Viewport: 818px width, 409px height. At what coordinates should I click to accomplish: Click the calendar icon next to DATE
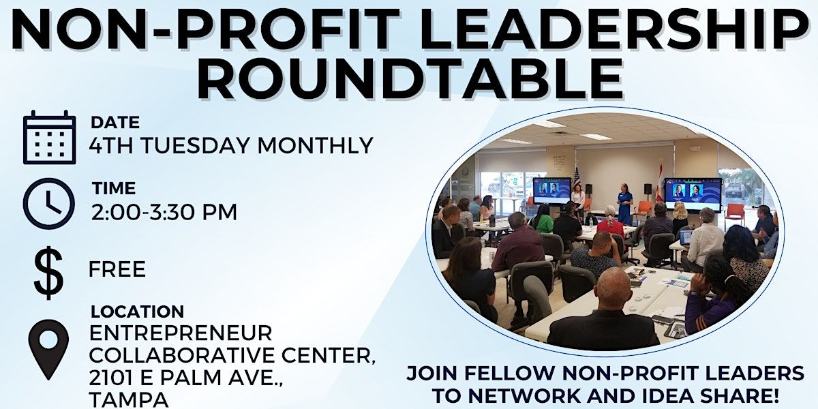50,137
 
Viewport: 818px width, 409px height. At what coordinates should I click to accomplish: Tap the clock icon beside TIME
49,203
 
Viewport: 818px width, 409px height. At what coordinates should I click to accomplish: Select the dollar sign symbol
48,273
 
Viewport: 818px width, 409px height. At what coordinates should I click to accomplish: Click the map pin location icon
48,350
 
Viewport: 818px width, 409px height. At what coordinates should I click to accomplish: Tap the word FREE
117,269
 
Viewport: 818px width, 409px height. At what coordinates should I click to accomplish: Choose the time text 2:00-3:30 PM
164,212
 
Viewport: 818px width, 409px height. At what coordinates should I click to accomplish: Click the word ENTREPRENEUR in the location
181,333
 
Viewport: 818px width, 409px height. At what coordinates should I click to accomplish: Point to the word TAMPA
129,399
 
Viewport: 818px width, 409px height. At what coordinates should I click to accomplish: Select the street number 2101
112,377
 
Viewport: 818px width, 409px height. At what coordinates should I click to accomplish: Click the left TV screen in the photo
551,191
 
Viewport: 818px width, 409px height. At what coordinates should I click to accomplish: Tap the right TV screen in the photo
693,194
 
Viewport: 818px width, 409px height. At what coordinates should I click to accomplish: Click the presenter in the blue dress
624,204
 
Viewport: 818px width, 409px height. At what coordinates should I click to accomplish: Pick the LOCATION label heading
137,312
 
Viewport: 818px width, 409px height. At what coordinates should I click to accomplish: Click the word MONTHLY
315,145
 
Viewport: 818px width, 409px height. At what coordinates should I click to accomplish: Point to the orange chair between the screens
643,209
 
